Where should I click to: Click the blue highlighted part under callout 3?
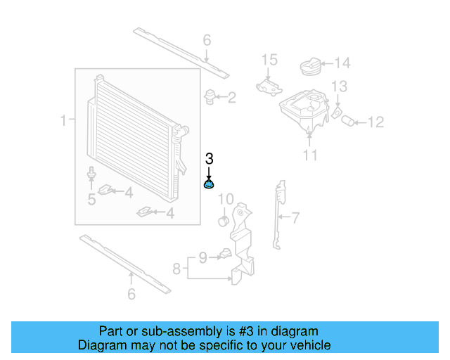[209, 185]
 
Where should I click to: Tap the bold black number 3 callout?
[209, 159]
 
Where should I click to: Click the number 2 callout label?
[231, 97]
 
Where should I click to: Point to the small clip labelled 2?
[210, 96]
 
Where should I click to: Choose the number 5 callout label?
[91, 200]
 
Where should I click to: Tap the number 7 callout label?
[295, 218]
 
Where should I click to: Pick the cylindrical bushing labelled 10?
[224, 222]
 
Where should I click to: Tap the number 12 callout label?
[375, 122]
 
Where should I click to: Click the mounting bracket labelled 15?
[267, 85]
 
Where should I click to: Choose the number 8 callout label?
[177, 268]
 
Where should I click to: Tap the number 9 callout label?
[202, 258]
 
